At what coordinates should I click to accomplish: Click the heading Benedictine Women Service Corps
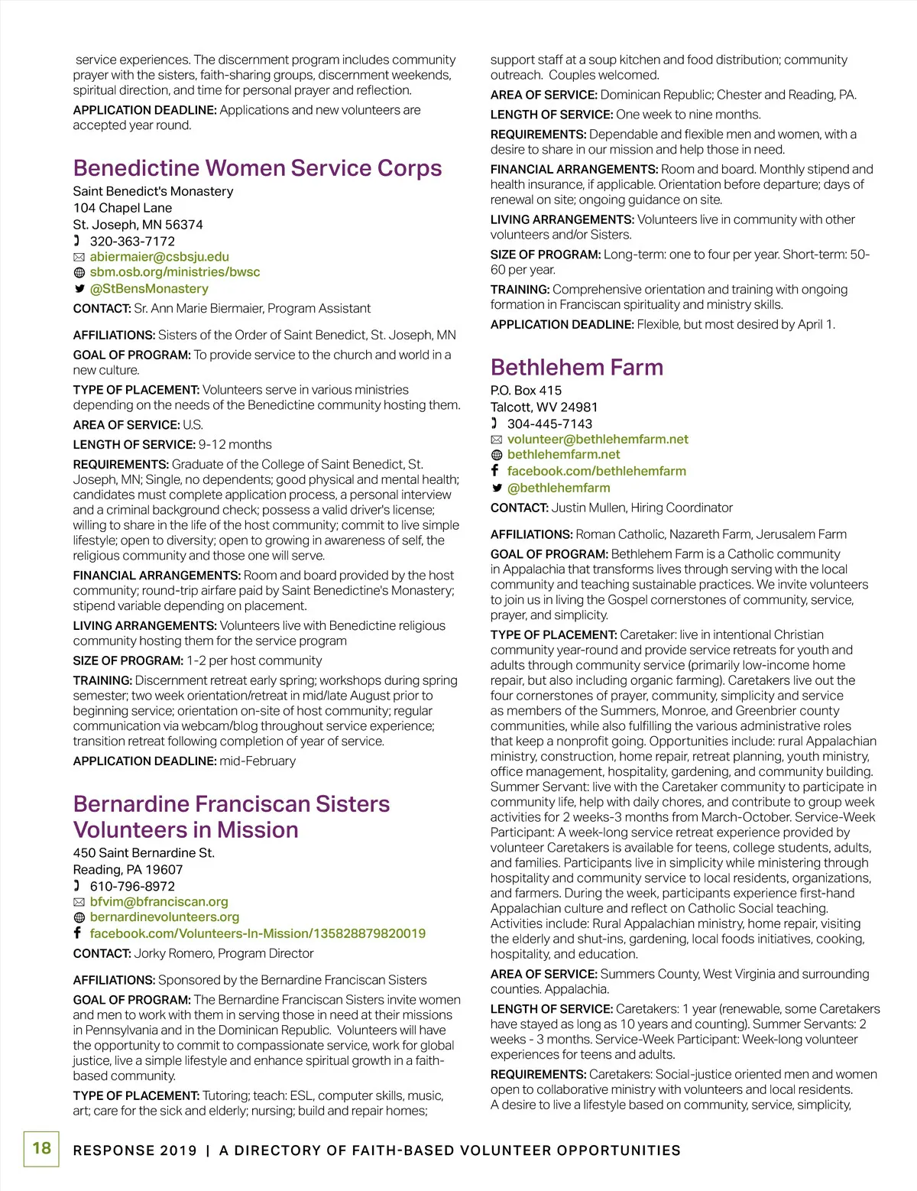(258, 168)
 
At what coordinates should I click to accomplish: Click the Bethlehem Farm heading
(576, 368)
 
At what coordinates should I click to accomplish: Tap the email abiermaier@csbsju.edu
(159, 257)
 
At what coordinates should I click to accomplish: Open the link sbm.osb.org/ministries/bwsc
(174, 272)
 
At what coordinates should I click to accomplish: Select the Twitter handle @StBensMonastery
(149, 289)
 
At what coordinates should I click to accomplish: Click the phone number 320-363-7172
(132, 242)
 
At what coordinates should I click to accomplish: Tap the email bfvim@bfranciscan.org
(159, 902)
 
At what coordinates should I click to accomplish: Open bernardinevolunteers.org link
(164, 917)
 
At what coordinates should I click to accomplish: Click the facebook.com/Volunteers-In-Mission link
(258, 933)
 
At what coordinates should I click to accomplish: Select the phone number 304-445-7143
(549, 424)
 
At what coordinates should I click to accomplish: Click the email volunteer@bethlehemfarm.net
(598, 440)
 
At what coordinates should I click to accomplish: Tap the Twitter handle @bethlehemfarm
(559, 488)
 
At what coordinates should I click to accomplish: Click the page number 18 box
(41, 1148)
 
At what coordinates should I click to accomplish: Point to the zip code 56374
(184, 225)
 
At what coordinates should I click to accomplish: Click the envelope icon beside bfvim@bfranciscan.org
(79, 903)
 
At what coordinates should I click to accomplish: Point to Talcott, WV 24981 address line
(544, 407)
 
